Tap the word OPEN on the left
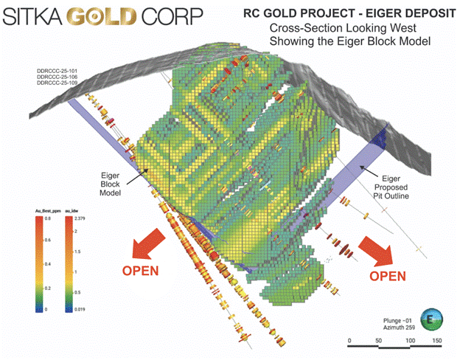pos(139,270)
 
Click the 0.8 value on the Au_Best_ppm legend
pos(47,218)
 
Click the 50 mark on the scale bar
pos(380,342)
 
